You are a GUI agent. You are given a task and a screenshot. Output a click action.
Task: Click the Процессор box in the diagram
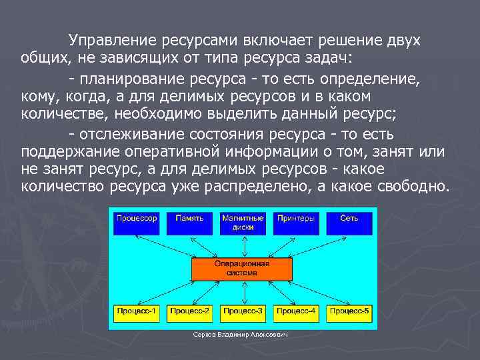coord(137,223)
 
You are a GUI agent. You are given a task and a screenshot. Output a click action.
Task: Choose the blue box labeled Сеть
coord(349,223)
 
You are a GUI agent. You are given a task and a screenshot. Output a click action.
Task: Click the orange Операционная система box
coord(242,268)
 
